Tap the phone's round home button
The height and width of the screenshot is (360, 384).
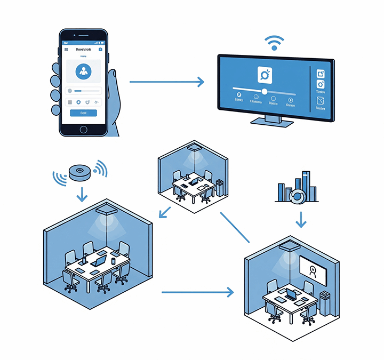83,130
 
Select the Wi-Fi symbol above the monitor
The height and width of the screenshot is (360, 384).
274,42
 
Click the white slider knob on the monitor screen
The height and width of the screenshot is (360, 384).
265,91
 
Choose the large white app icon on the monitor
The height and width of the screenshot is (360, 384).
265,75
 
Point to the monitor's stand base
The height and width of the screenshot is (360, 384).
271,122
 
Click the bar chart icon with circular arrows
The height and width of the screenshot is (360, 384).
296,189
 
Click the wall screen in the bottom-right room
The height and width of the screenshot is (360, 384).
314,271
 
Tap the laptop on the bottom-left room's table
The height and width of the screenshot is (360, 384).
98,261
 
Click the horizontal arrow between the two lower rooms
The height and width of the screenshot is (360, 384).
197,292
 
